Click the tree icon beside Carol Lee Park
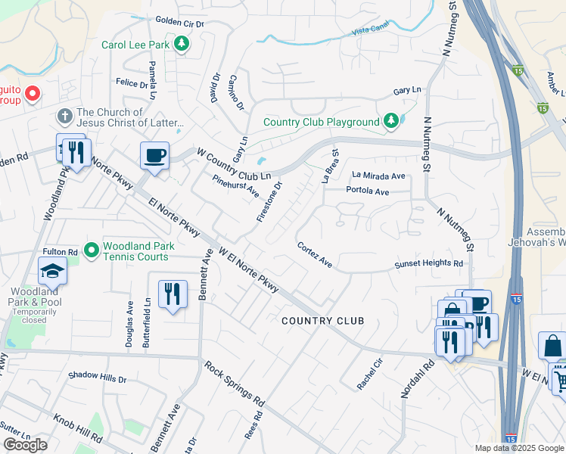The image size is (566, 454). [182, 45]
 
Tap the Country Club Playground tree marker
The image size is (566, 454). [390, 122]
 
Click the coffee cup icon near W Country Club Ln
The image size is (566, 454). [154, 156]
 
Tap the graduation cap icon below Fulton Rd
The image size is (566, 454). [52, 270]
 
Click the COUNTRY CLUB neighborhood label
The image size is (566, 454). [322, 321]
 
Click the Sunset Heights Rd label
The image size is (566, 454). [428, 264]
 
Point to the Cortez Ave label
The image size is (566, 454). [315, 255]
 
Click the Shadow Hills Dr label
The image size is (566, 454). [97, 376]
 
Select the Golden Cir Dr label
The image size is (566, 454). [180, 23]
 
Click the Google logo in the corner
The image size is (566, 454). [25, 445]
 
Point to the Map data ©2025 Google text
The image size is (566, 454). [519, 448]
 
